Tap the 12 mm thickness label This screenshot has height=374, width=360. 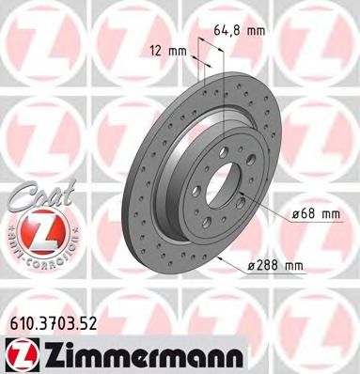(x=167, y=50)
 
